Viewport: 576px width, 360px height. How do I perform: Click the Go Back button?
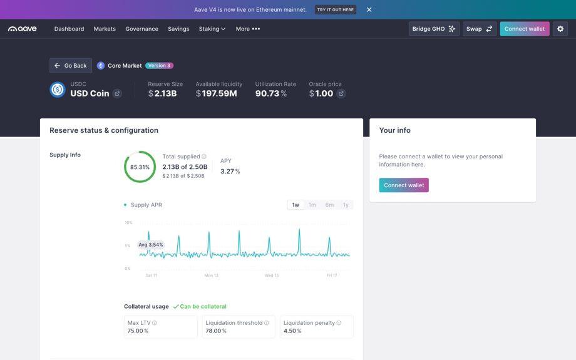[71, 65]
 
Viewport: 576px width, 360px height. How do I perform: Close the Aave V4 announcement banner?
[369, 9]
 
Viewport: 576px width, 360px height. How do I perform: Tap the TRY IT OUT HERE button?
[336, 9]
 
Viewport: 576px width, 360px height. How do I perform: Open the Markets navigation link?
[105, 29]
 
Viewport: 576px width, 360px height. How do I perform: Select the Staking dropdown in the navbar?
[212, 29]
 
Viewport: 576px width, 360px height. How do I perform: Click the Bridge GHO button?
[434, 29]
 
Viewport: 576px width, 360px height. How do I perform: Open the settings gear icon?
[560, 29]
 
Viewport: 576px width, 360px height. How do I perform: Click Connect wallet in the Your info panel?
[404, 185]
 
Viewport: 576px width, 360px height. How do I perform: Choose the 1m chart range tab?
[312, 205]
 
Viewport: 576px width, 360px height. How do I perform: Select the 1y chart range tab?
[346, 205]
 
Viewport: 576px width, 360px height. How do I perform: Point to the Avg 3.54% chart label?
[151, 245]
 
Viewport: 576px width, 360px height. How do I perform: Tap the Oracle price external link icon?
[341, 94]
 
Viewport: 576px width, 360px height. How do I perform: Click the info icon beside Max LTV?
[155, 323]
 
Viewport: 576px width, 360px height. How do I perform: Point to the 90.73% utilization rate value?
[271, 93]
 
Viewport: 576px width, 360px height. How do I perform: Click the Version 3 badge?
[160, 65]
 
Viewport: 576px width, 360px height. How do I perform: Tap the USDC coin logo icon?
[58, 90]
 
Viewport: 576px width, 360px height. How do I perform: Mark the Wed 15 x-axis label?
[272, 275]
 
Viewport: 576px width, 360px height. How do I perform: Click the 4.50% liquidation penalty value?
[292, 331]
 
